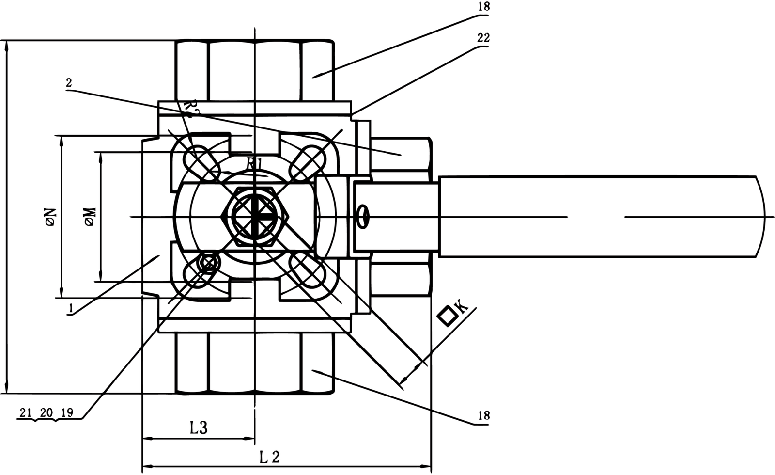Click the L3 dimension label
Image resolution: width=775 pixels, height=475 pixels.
coord(198,427)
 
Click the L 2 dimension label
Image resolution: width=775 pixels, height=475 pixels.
coord(269,457)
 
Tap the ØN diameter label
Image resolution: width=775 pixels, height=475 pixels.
coord(50,217)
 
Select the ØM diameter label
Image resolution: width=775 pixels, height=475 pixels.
coord(90,217)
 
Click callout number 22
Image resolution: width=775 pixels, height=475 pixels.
coord(483,38)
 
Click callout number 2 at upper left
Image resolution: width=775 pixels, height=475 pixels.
coord(69,83)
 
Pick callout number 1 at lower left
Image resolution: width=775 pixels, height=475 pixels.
coord(71,307)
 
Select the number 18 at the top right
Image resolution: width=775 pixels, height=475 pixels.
coord(483,7)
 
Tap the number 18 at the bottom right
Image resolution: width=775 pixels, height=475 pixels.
coord(483,415)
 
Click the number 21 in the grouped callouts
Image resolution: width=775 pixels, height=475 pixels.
coord(26,412)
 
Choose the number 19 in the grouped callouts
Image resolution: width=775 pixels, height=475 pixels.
coord(67,412)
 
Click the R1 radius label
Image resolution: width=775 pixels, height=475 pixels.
coord(254,164)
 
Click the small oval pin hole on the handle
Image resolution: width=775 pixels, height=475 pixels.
coord(363,216)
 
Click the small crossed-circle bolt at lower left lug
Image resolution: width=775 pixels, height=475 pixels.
coord(208,264)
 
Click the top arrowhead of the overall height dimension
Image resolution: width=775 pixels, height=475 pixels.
coord(7,47)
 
